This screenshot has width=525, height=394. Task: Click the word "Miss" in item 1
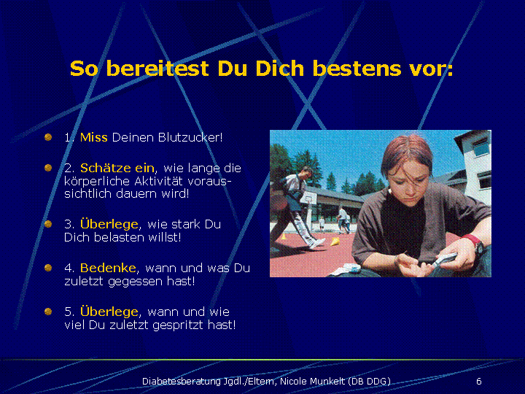point(94,137)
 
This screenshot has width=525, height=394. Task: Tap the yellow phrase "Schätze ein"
point(117,168)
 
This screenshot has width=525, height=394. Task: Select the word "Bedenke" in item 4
point(108,268)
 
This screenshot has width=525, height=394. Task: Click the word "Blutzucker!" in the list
point(190,137)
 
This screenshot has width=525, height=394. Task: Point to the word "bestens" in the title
point(357,69)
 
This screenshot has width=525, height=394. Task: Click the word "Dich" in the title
point(279,69)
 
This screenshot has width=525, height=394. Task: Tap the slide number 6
point(479,382)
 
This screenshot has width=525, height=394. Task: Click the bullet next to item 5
point(48,312)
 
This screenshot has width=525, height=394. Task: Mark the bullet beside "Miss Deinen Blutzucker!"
point(48,137)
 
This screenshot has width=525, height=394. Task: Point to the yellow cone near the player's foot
point(335,242)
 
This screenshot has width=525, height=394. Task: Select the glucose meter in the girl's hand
point(443,260)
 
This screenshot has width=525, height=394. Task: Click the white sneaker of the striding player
point(316,243)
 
